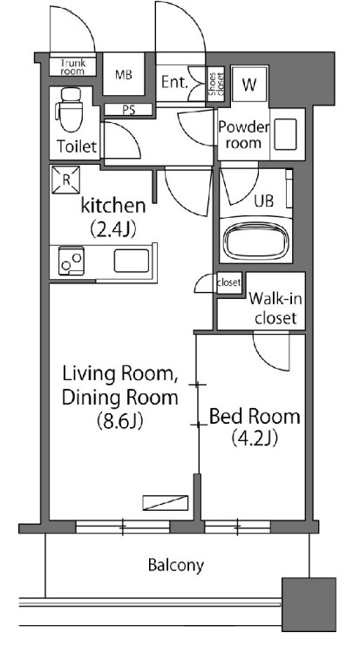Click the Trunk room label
[x=72, y=67]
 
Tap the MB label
[x=124, y=75]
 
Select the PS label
[x=128, y=110]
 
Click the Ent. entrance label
[x=174, y=82]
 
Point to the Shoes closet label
[x=216, y=84]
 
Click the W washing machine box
[x=248, y=85]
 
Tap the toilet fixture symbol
[x=70, y=110]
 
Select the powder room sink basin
[x=286, y=134]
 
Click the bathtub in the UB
[x=256, y=242]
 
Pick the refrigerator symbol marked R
[x=65, y=180]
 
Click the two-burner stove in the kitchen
[x=71, y=262]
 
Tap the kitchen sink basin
[x=132, y=261]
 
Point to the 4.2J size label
[x=255, y=439]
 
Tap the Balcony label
[x=176, y=565]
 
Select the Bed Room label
[x=255, y=416]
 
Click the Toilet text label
[x=77, y=146]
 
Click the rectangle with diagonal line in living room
[x=166, y=503]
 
